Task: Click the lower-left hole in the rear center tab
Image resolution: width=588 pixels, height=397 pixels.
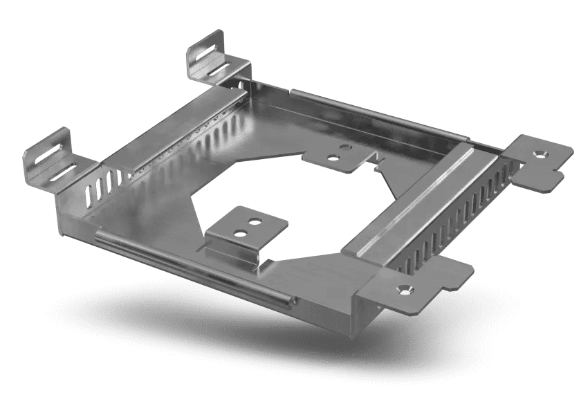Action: (x=333, y=156)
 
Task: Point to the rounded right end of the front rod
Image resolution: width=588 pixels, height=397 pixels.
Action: (x=292, y=300)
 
